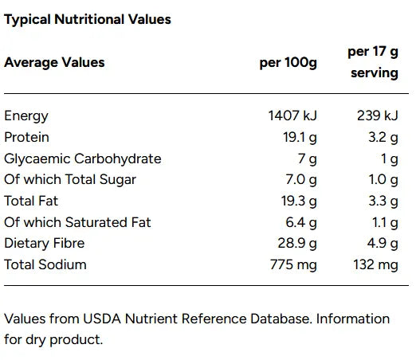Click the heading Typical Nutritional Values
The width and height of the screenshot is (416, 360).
click(x=88, y=18)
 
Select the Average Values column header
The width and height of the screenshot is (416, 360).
click(x=54, y=62)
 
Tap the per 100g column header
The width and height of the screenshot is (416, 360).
click(x=288, y=62)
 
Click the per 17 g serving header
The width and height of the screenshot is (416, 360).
click(x=372, y=62)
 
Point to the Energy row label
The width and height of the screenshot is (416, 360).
click(x=26, y=116)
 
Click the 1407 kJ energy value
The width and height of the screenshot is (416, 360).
click(x=292, y=116)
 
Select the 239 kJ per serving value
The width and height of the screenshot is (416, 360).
click(x=377, y=116)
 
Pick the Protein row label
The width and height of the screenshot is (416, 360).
click(x=27, y=137)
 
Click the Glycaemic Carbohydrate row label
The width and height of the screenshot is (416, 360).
click(x=83, y=158)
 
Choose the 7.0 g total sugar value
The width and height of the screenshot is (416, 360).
click(x=301, y=179)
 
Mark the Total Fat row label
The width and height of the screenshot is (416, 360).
click(x=31, y=201)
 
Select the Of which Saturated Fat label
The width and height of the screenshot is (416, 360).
click(x=77, y=222)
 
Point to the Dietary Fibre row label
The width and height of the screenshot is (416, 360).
click(x=45, y=243)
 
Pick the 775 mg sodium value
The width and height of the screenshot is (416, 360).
click(x=294, y=264)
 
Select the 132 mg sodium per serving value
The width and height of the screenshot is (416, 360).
click(x=376, y=264)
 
